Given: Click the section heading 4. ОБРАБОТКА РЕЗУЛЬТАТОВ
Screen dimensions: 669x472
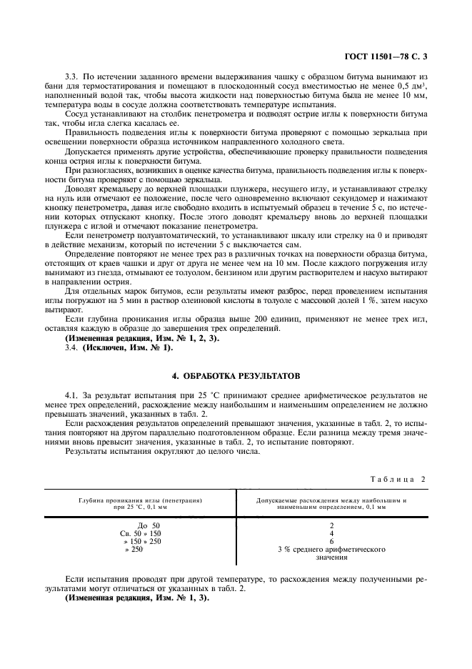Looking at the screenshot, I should pyautogui.click(x=236, y=375).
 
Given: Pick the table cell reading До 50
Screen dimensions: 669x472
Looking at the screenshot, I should pyautogui.click(x=149, y=525).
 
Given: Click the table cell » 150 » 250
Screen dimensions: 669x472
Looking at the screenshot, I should pyautogui.click(x=142, y=541).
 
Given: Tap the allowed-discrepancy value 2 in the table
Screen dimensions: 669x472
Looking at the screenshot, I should pyautogui.click(x=331, y=525).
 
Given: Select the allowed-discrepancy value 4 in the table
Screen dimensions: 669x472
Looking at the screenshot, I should pyautogui.click(x=331, y=533).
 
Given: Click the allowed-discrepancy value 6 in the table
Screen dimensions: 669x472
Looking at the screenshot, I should pyautogui.click(x=331, y=541).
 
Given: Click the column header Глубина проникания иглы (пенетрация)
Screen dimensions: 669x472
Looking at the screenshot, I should pyautogui.click(x=141, y=500).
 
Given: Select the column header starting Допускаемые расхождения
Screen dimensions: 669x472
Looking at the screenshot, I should pyautogui.click(x=331, y=500).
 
